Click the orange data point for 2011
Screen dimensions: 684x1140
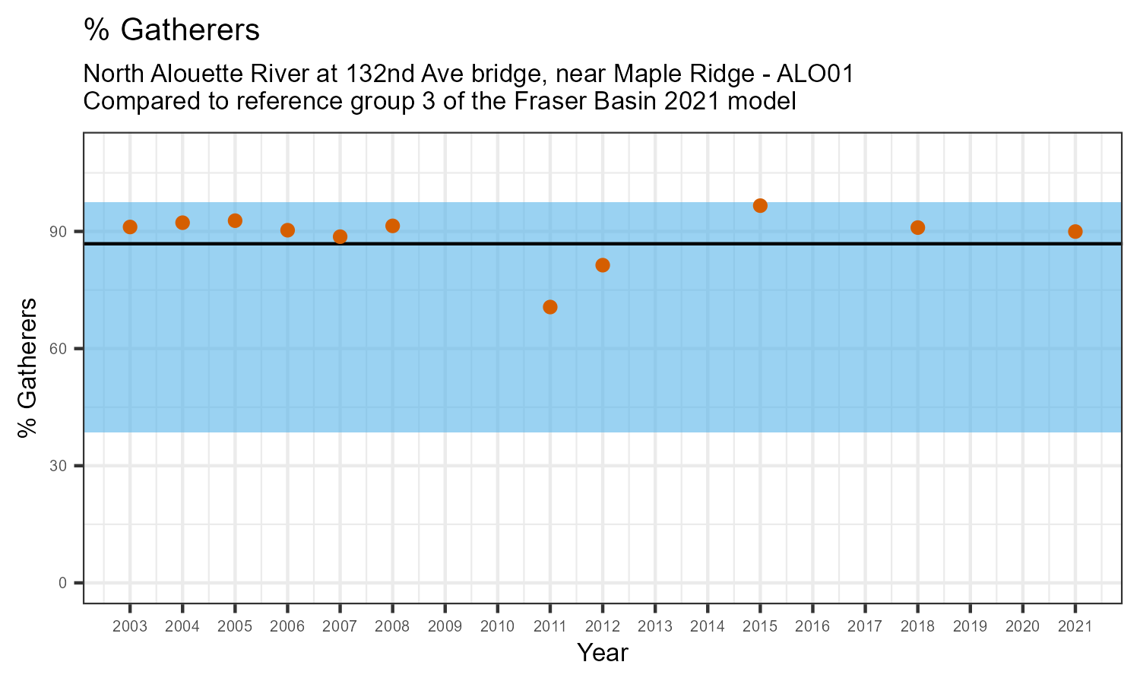coord(550,307)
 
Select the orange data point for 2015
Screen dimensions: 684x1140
coord(760,206)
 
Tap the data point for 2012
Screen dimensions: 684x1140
coord(603,265)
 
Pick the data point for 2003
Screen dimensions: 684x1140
coord(130,227)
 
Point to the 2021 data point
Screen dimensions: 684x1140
coord(1075,232)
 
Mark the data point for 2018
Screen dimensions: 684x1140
coord(917,228)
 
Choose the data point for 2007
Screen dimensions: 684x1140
coord(340,237)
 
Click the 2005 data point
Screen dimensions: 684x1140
coord(235,221)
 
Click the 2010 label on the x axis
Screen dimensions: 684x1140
coord(498,627)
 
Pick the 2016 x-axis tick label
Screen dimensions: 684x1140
coord(812,627)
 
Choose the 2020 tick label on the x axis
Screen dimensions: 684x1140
coord(1022,627)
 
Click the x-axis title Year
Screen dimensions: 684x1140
coord(603,653)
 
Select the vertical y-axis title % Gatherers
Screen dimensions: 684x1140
coord(28,368)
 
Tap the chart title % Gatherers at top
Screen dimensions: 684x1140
coord(172,30)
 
